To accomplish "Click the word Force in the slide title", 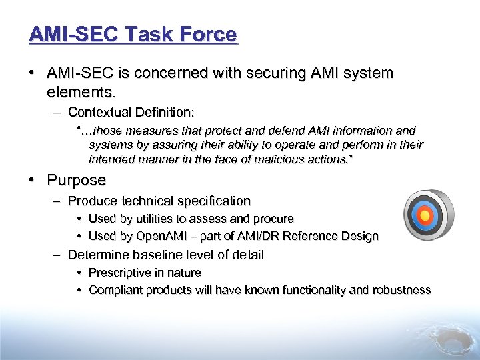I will click(x=208, y=34).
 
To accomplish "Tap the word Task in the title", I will click(x=153, y=34).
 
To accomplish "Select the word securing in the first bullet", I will click(x=259, y=73).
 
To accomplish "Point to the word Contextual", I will click(x=101, y=111).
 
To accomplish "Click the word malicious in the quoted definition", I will click(x=306, y=159).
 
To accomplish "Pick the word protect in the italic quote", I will click(x=209, y=131).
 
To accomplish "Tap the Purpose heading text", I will click(x=76, y=180).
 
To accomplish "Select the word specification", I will click(x=213, y=201).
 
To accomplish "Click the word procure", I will click(x=273, y=219).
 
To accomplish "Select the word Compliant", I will click(x=114, y=290).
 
